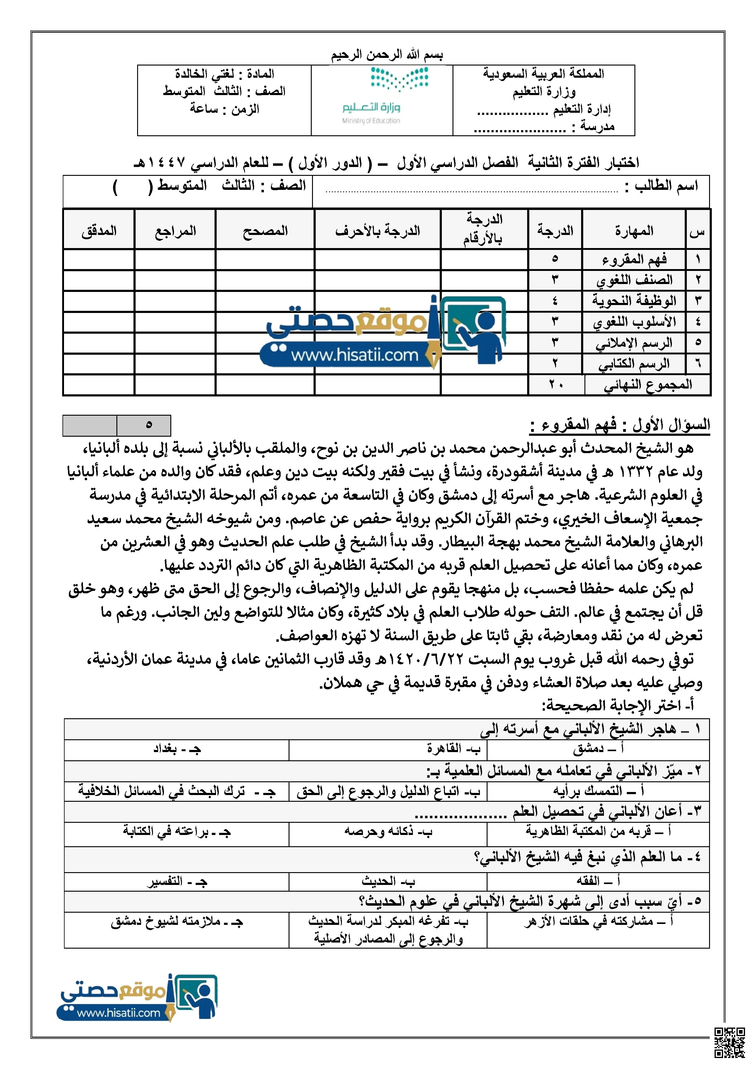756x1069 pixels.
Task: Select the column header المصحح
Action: [265, 231]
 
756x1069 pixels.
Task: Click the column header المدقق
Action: [99, 231]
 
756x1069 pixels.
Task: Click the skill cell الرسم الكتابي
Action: [634, 364]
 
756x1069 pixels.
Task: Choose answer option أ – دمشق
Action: [598, 749]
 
